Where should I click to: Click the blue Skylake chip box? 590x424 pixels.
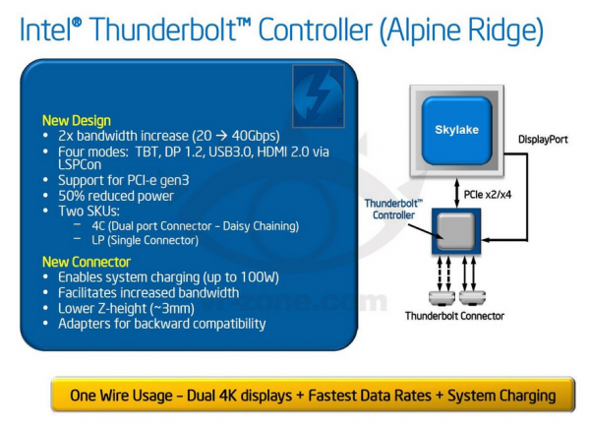[456, 130]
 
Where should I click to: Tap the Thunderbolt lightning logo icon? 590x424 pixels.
[319, 96]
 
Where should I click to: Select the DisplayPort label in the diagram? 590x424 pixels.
[543, 140]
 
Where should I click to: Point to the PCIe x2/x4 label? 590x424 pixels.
[488, 195]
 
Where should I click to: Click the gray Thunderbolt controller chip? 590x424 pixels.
[456, 231]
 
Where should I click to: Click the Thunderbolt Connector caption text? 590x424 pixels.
[454, 316]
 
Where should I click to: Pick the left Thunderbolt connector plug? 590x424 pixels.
[442, 298]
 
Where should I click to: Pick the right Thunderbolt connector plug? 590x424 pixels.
[472, 298]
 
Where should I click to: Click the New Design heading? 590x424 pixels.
[77, 121]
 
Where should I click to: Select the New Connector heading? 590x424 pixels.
[87, 262]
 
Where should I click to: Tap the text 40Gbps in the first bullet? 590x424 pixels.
[254, 136]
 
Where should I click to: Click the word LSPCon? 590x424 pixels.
[80, 164]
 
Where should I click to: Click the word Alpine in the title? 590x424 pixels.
[424, 30]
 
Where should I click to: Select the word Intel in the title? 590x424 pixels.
[45, 30]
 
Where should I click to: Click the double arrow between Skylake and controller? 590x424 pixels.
[457, 193]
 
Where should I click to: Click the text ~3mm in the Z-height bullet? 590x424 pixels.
[172, 309]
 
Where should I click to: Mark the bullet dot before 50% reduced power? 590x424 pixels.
[45, 196]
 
